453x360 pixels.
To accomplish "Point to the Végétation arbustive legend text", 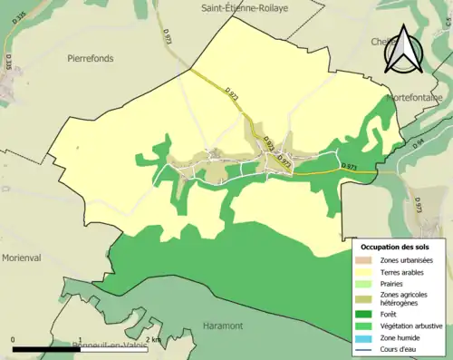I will tap(415, 326).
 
